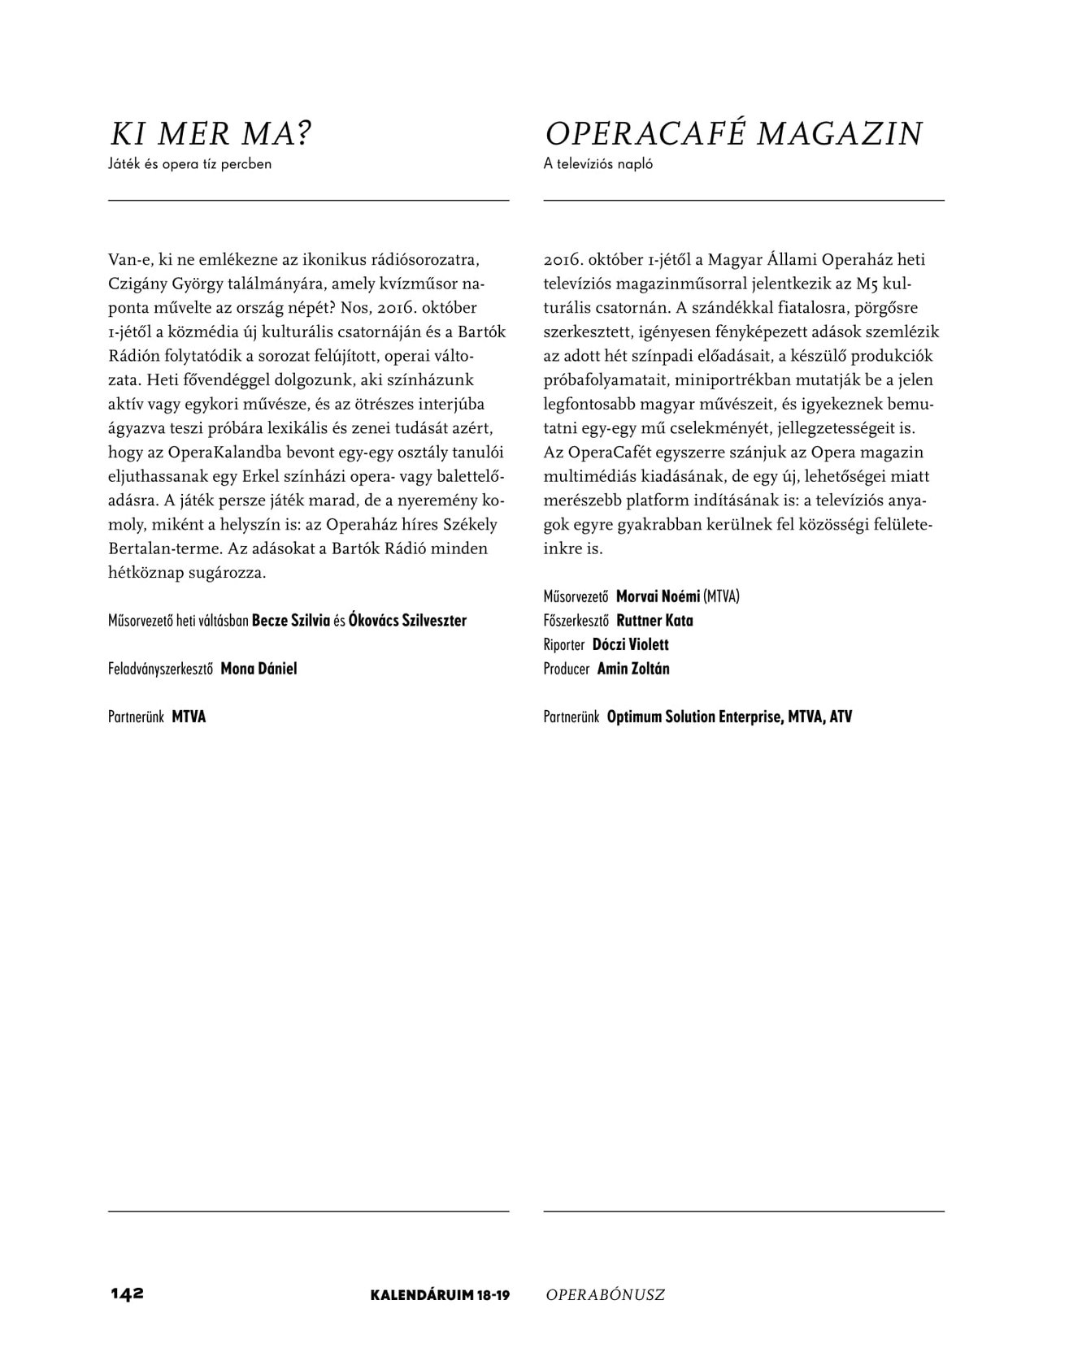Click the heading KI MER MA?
click(211, 134)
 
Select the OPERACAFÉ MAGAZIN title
click(733, 134)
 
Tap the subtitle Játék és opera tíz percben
click(189, 164)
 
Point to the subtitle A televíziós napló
click(598, 164)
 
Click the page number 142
click(128, 1294)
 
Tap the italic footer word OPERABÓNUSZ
click(606, 1295)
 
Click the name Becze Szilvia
click(291, 621)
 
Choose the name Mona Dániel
click(259, 669)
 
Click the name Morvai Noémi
click(658, 596)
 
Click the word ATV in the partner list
click(841, 717)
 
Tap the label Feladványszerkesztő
click(160, 669)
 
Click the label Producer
click(566, 669)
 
